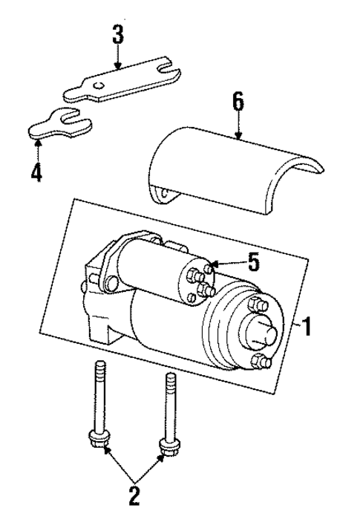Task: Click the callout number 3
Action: [x=118, y=34]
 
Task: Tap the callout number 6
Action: [x=237, y=101]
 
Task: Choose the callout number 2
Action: [x=134, y=495]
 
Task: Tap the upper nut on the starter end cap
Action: [x=258, y=304]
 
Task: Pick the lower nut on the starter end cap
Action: [x=259, y=362]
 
